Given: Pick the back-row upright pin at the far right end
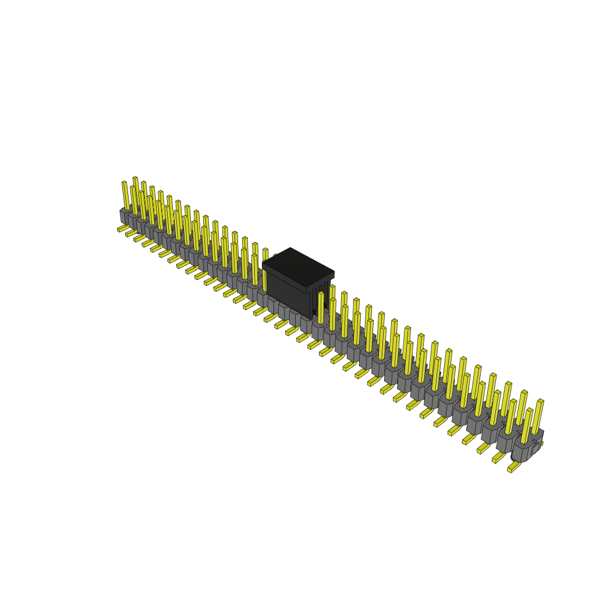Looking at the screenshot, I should (x=537, y=416).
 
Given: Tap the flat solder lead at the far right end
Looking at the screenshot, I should (x=513, y=467).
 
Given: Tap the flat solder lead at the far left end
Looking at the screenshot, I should (x=122, y=229).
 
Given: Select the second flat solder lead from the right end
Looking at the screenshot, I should (x=498, y=458).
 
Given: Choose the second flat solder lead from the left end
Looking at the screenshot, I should (x=130, y=233).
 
